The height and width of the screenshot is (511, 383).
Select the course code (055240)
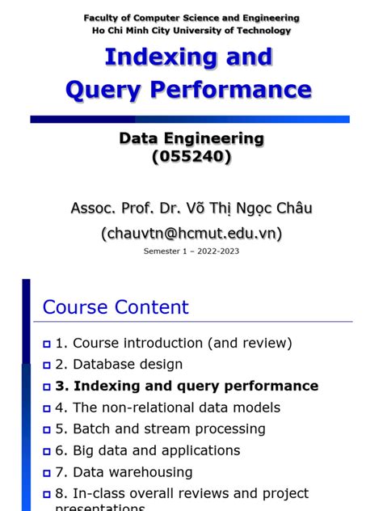point(191,157)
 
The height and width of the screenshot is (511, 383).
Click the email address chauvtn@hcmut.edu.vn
point(191,233)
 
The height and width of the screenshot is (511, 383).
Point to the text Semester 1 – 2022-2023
point(191,251)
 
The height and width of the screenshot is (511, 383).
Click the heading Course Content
point(116,307)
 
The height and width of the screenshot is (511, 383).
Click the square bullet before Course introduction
point(47,344)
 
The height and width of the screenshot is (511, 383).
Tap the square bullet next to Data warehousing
point(47,472)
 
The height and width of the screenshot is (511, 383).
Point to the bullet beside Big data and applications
point(47,451)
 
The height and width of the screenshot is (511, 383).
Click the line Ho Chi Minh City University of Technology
point(191,31)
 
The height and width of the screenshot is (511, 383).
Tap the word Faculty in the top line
point(102,18)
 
